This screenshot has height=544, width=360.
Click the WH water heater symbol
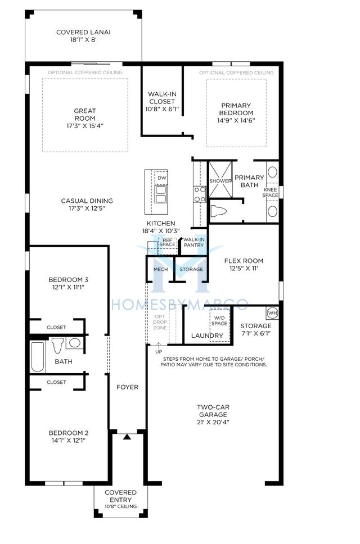click(x=272, y=313)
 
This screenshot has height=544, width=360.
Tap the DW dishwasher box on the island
click(x=162, y=178)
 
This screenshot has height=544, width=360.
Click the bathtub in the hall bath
click(x=38, y=357)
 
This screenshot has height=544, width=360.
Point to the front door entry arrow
click(x=127, y=437)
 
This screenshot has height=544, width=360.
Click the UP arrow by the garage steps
click(x=159, y=346)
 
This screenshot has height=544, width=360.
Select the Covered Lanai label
click(x=83, y=32)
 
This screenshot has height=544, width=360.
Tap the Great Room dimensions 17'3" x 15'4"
click(x=85, y=126)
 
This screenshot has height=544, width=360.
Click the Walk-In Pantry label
click(x=193, y=242)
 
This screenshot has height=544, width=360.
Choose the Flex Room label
click(x=244, y=261)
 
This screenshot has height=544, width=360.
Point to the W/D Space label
click(x=219, y=320)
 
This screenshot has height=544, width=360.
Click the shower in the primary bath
click(x=220, y=179)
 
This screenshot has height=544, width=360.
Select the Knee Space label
click(x=271, y=193)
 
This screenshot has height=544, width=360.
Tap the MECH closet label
click(x=161, y=269)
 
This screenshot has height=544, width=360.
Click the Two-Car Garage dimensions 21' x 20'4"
click(x=213, y=422)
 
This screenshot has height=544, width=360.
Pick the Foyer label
click(x=127, y=387)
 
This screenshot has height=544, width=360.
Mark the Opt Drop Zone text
click(x=160, y=322)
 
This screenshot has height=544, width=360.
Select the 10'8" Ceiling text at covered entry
click(x=121, y=506)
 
